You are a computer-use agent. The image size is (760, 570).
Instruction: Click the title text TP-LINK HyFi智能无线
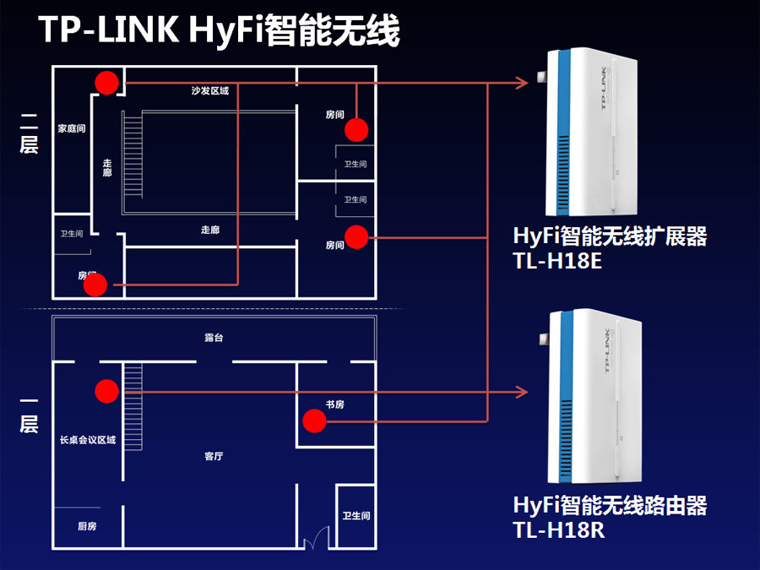click(x=219, y=32)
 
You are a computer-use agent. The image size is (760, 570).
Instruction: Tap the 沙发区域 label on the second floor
click(x=210, y=90)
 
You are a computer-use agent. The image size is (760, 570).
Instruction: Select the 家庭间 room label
click(x=71, y=128)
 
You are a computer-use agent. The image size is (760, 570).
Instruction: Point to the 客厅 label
click(x=214, y=456)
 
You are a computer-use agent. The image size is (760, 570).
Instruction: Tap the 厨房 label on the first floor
click(x=87, y=526)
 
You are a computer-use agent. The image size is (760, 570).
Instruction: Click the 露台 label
click(x=214, y=338)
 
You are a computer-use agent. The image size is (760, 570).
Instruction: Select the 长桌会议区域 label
click(x=87, y=440)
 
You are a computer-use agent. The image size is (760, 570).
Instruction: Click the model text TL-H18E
click(x=556, y=261)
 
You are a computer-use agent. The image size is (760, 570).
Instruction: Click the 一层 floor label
click(x=30, y=414)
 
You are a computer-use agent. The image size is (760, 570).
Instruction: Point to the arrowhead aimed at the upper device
click(x=522, y=83)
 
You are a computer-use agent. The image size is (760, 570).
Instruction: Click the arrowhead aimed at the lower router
click(x=522, y=391)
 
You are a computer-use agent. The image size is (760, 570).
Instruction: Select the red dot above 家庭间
click(x=106, y=82)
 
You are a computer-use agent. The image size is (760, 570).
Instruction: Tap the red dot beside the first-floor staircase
click(x=106, y=390)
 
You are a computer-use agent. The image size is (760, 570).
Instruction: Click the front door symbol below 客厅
click(x=319, y=538)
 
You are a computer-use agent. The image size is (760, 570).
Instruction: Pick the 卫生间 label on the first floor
click(x=356, y=515)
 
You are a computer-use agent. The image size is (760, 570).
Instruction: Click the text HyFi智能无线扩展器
click(x=610, y=236)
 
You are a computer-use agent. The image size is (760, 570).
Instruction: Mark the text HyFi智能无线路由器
click(x=610, y=506)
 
